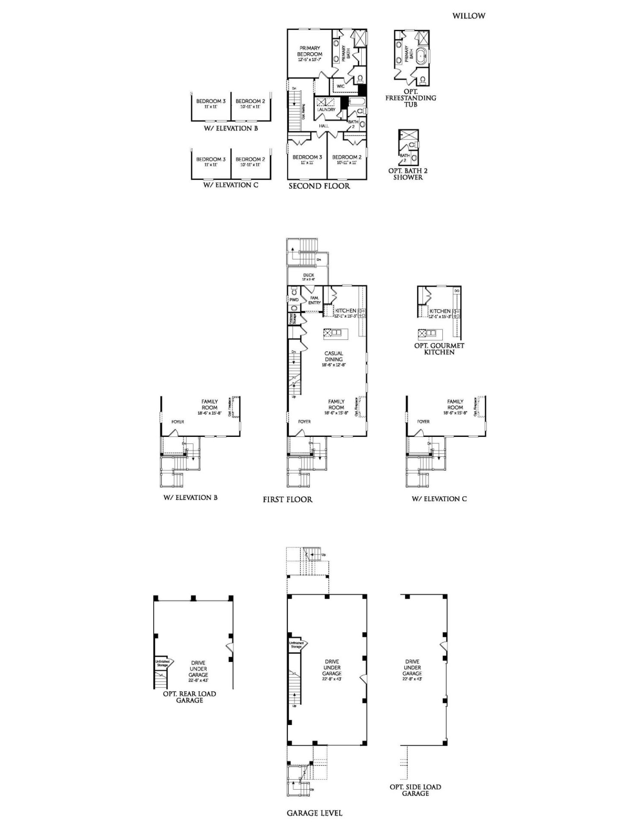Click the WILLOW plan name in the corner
(469, 16)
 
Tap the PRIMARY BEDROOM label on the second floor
(309, 54)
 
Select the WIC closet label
(340, 86)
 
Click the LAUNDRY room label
(326, 110)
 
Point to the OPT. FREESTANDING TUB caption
(410, 98)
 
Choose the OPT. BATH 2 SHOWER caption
(408, 174)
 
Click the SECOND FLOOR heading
(319, 186)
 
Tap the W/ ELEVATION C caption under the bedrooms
(231, 185)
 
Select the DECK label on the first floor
(308, 275)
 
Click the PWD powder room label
(294, 300)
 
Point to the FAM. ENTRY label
(314, 300)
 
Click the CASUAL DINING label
(334, 356)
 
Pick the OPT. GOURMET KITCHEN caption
(439, 349)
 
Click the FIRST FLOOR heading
(287, 500)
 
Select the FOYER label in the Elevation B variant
(177, 422)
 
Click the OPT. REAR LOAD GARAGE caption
(189, 697)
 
